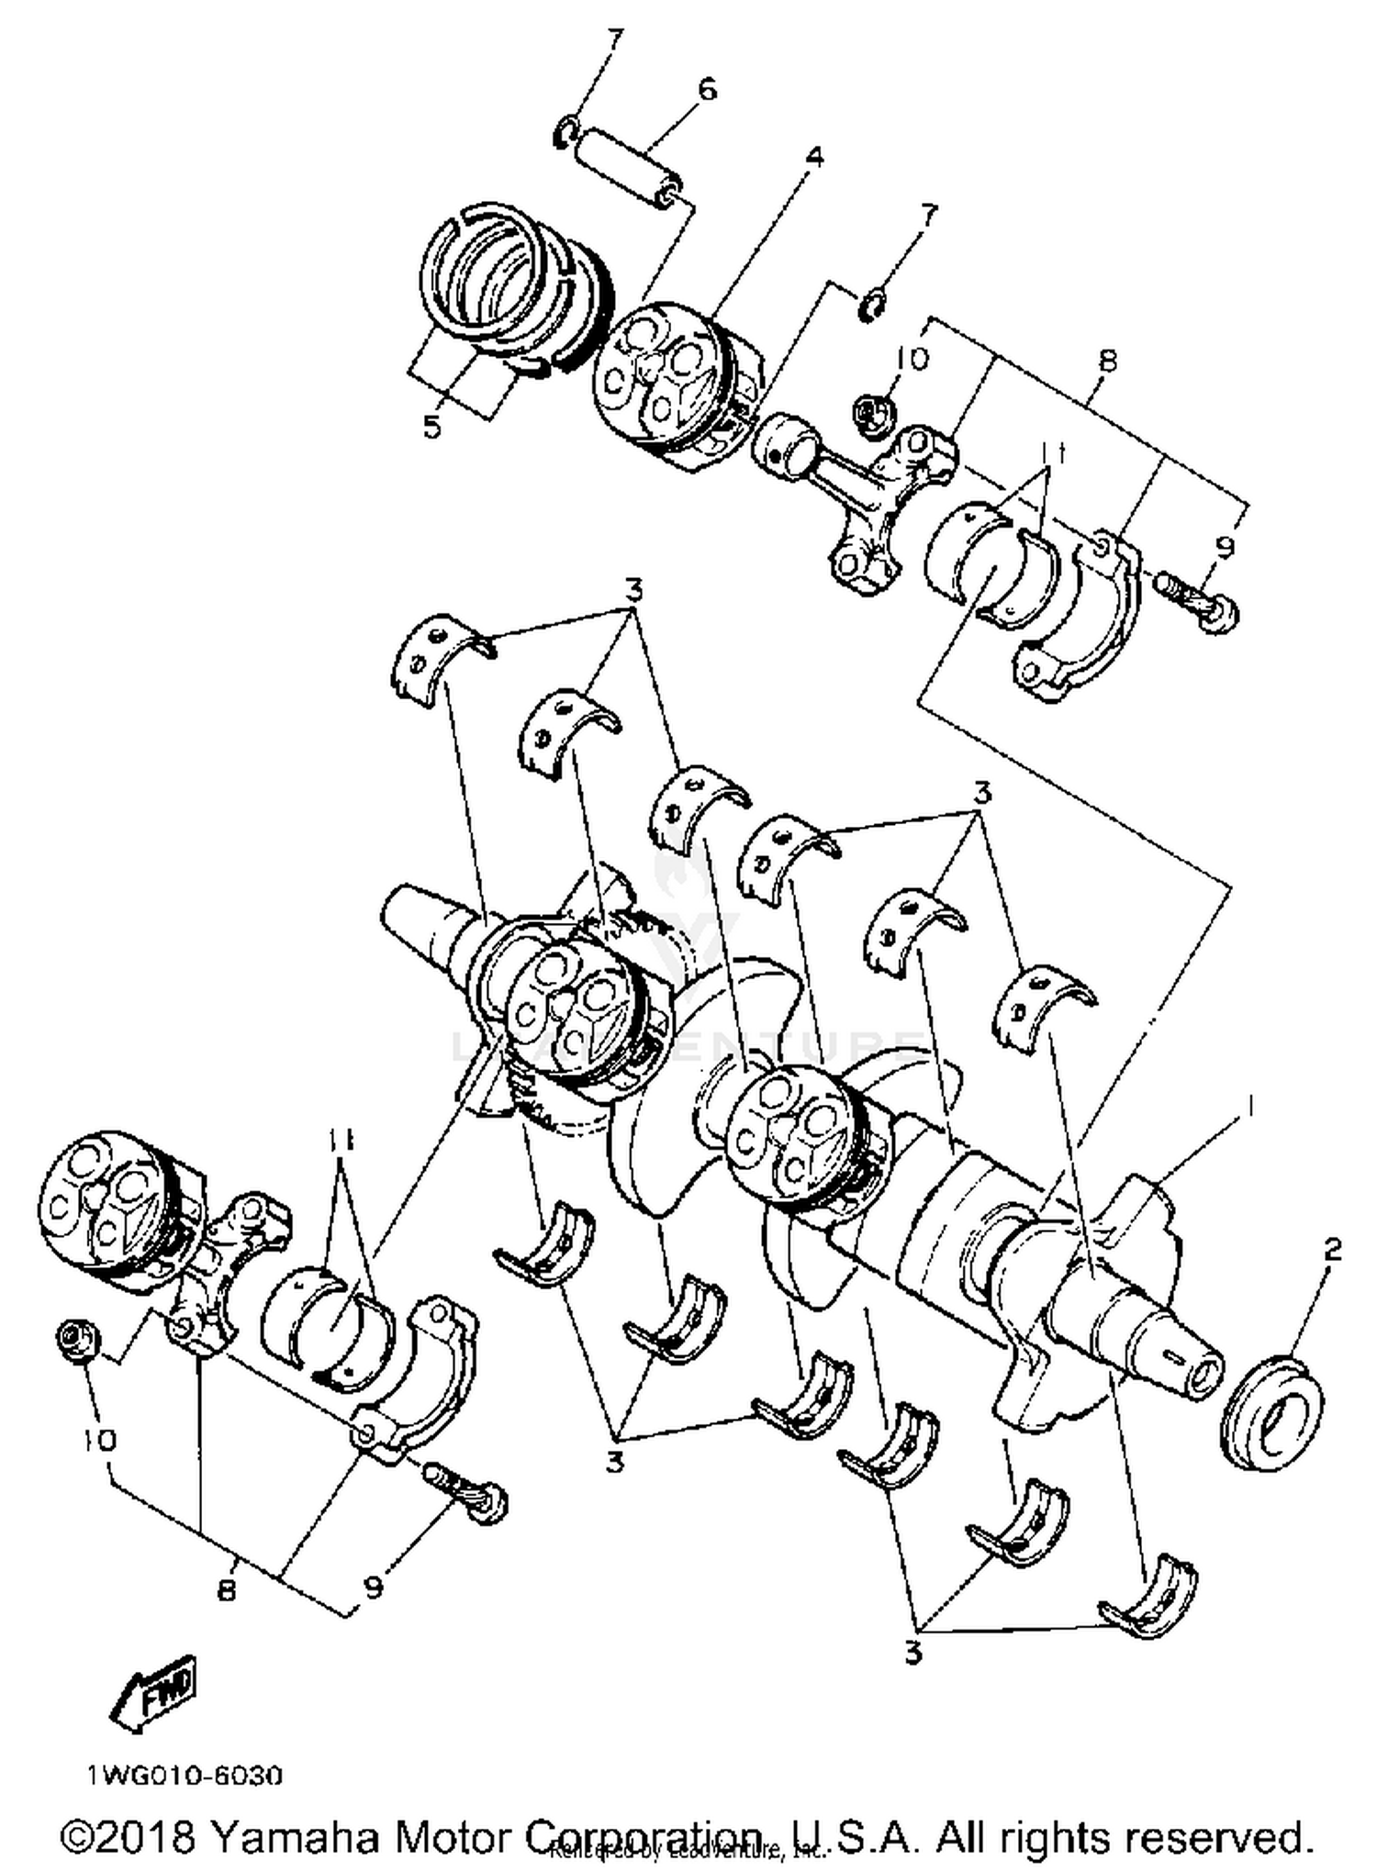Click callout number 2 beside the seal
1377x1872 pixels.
point(1332,1250)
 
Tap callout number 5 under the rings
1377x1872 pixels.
point(432,426)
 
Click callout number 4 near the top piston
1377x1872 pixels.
point(813,157)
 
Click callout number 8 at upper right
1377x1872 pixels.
point(1107,360)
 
